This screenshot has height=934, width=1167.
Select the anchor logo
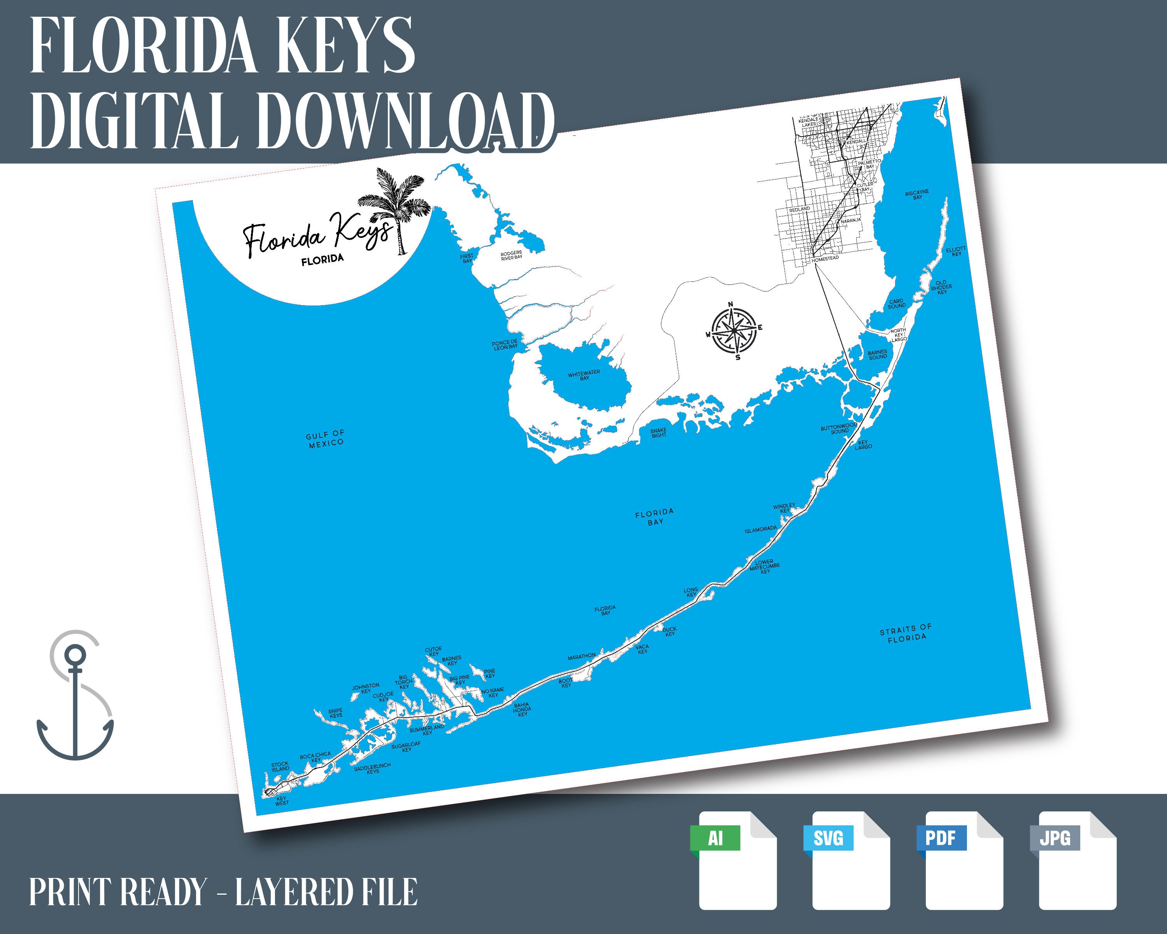pyautogui.click(x=75, y=696)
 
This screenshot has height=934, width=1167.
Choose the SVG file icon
pyautogui.click(x=850, y=860)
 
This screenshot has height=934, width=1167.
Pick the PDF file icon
pyautogui.click(x=964, y=860)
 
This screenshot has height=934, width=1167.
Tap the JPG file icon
pyautogui.click(x=1077, y=860)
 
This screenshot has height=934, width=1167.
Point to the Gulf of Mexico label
pyautogui.click(x=325, y=439)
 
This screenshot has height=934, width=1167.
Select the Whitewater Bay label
pyautogui.click(x=584, y=375)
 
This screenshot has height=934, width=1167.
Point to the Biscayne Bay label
pyautogui.click(x=917, y=194)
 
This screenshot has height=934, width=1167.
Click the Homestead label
pyautogui.click(x=825, y=259)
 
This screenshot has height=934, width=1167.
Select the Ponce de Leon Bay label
pyautogui.click(x=505, y=345)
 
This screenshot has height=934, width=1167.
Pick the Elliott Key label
pyautogui.click(x=956, y=251)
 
